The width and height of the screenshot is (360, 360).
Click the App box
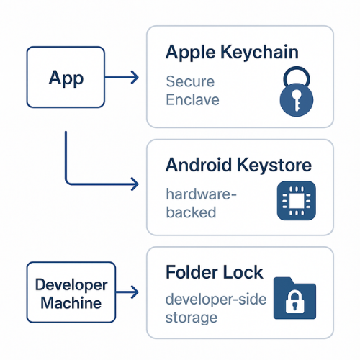click(x=66, y=78)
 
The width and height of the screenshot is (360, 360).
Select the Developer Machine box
click(x=66, y=293)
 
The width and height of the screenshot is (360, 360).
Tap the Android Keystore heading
click(x=238, y=165)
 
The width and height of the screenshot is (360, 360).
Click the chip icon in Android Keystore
click(x=296, y=201)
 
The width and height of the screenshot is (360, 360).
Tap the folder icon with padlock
click(x=295, y=297)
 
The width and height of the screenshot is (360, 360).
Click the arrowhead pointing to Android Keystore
click(x=134, y=184)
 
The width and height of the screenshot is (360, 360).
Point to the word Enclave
click(x=192, y=99)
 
